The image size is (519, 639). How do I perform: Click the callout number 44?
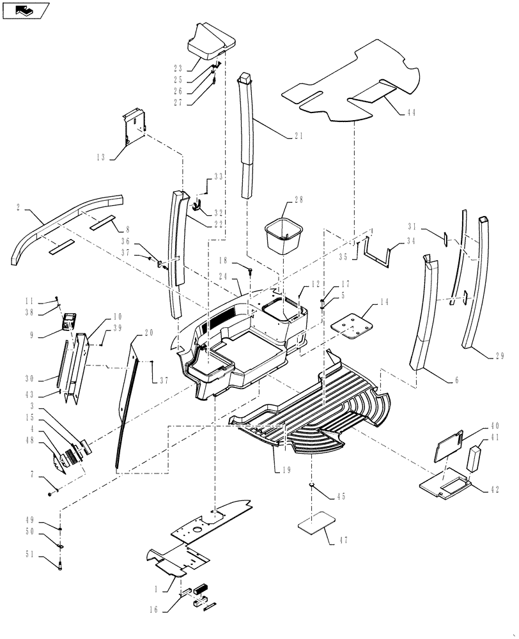coord(410,112)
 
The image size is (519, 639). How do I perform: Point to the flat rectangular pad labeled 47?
coord(320,523)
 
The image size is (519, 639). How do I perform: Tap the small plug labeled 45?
coord(312,487)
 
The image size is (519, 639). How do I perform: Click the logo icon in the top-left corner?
coord(26,10)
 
